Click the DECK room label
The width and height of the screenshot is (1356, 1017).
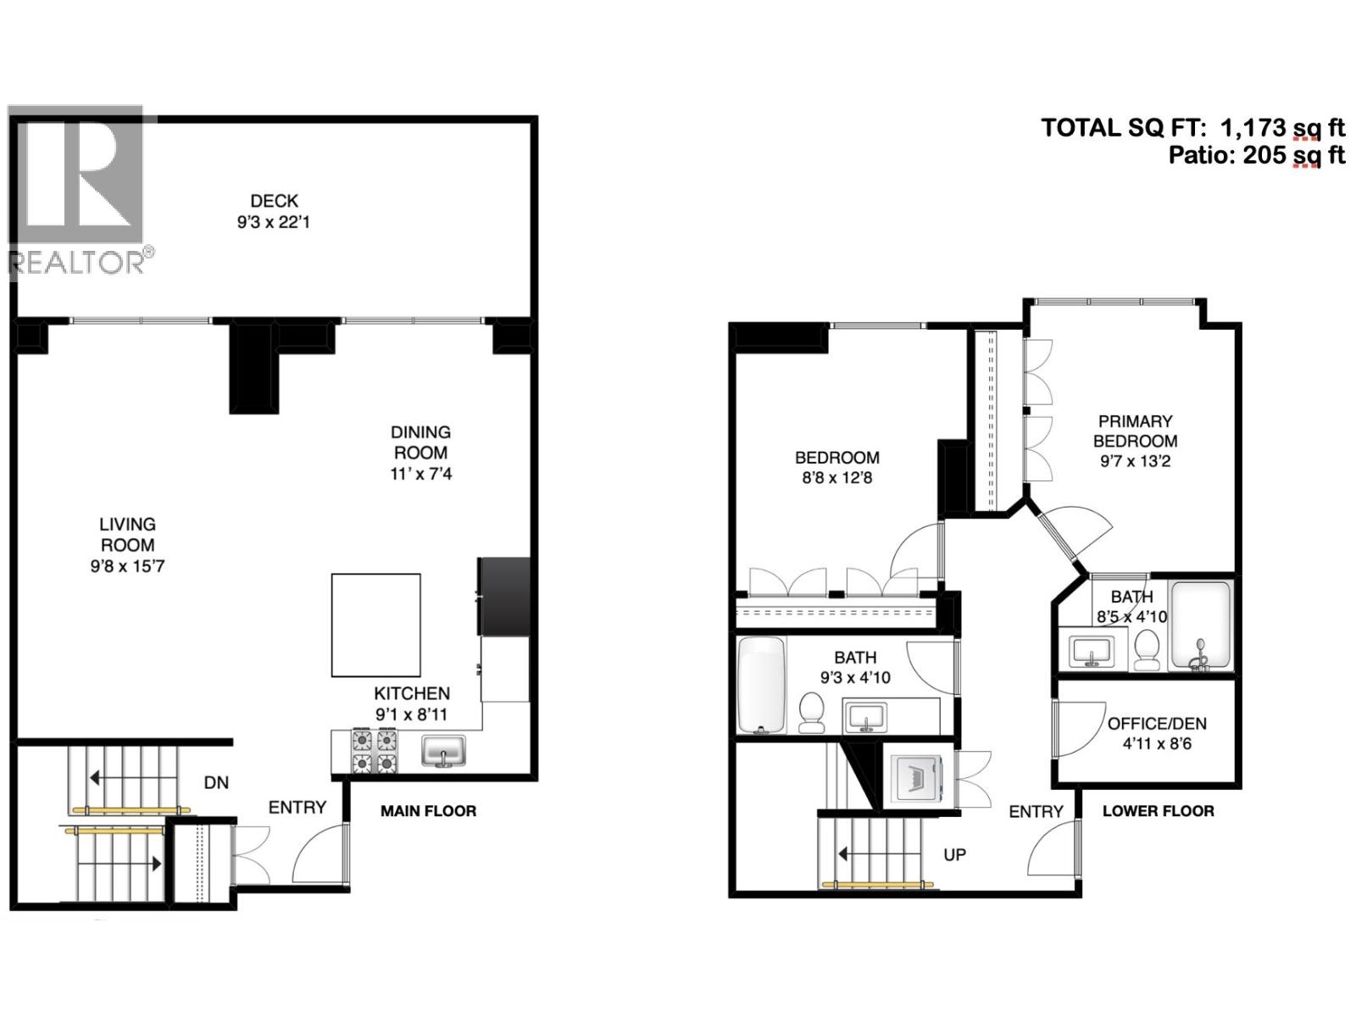(x=274, y=201)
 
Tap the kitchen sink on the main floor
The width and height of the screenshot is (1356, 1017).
(x=444, y=751)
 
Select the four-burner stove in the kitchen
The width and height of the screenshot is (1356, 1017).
(x=375, y=752)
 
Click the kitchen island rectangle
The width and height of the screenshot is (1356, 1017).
(x=375, y=625)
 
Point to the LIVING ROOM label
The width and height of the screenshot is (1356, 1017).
(x=127, y=535)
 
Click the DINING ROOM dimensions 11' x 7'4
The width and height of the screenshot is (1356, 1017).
(x=421, y=474)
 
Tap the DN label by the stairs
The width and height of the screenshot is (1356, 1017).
(x=216, y=782)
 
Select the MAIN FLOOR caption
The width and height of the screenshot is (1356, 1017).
(x=428, y=811)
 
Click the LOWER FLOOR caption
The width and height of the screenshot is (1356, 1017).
(x=1158, y=811)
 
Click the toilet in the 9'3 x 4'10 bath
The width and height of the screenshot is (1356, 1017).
(x=812, y=712)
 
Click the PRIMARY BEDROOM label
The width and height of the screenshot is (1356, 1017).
(x=1135, y=431)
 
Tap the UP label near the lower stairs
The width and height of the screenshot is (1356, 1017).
(x=954, y=854)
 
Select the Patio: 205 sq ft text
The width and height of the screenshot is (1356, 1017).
(x=1256, y=155)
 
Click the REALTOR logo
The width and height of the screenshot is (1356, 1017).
(x=78, y=191)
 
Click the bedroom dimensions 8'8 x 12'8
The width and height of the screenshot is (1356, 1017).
(x=836, y=478)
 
